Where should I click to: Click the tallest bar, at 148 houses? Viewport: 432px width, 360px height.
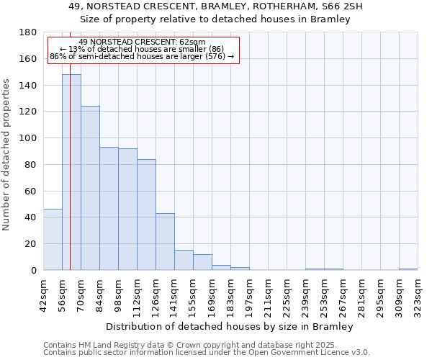click(x=71, y=172)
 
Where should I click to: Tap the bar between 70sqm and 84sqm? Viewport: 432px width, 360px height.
click(x=90, y=188)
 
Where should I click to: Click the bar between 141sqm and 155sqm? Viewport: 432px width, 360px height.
click(x=184, y=260)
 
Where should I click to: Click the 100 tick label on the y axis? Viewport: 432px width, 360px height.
click(x=29, y=138)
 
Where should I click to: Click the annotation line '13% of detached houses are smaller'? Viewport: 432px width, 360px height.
click(x=142, y=49)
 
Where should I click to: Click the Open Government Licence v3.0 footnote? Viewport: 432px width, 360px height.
click(x=206, y=352)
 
